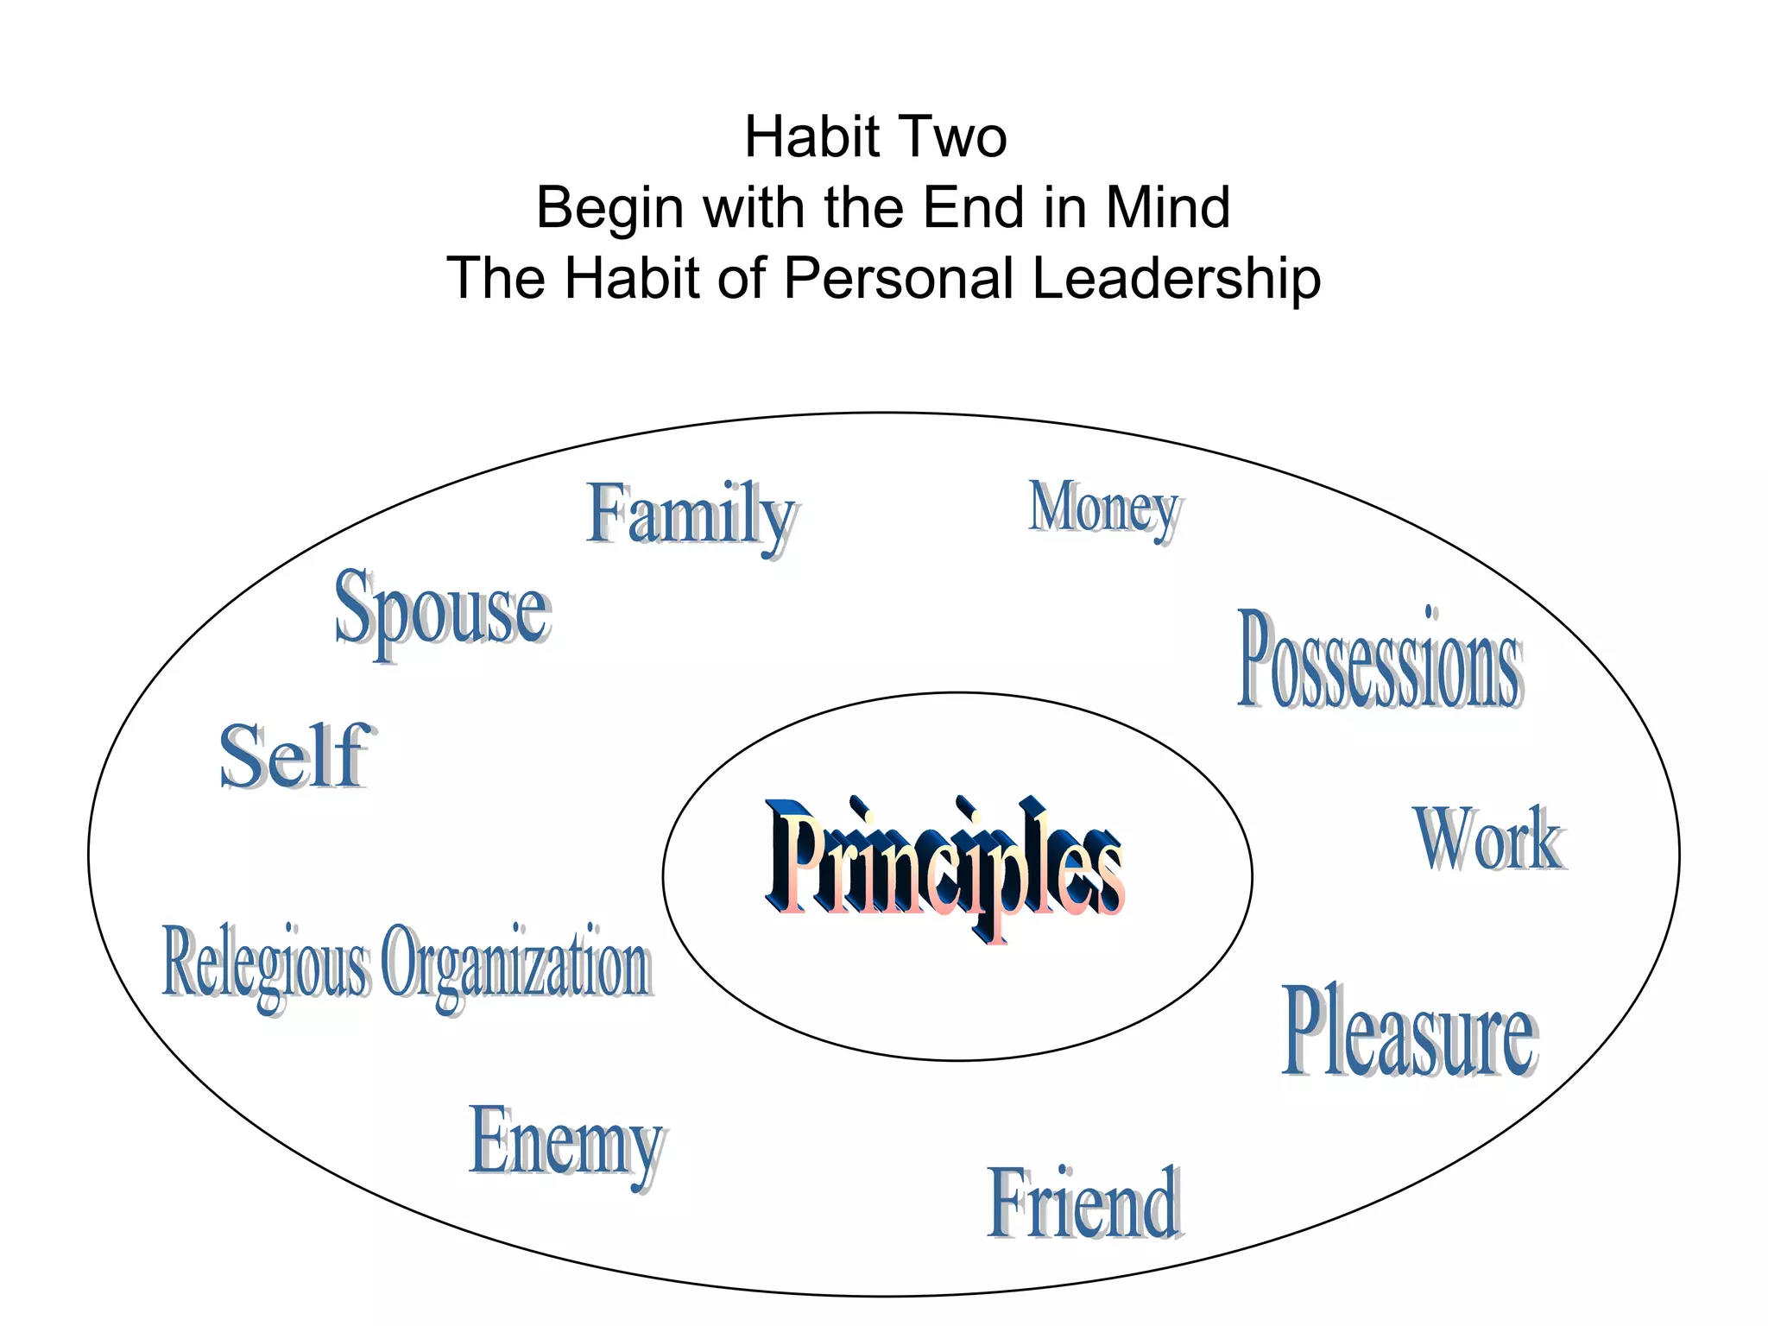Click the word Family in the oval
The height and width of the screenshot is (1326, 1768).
[x=691, y=515]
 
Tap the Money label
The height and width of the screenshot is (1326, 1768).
[x=1104, y=508]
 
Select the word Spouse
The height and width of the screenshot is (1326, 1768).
[x=442, y=609]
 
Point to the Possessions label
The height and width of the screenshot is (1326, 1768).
[x=1380, y=660]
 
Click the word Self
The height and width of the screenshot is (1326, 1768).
[x=294, y=757]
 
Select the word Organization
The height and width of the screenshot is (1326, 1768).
[x=515, y=963]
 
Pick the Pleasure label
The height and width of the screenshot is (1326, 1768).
[x=1409, y=1032]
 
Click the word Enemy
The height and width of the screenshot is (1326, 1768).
[x=566, y=1143]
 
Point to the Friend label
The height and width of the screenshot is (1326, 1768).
[x=1084, y=1203]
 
